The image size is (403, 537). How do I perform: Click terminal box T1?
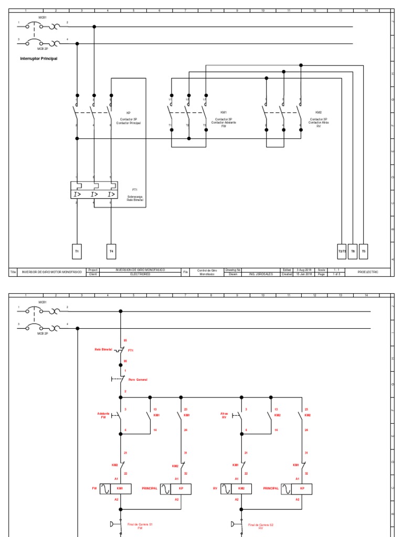click(x=77, y=251)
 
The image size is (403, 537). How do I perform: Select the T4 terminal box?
click(x=111, y=251)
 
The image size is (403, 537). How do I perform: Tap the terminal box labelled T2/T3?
click(x=342, y=251)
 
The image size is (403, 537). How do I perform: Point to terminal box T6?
click(x=353, y=251)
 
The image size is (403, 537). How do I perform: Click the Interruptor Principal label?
click(x=39, y=59)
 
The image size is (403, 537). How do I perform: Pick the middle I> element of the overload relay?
click(x=94, y=195)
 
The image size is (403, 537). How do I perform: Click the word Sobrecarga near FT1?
click(x=135, y=197)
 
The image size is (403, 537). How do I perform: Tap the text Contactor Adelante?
click(x=224, y=122)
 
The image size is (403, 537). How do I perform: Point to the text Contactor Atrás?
click(x=319, y=122)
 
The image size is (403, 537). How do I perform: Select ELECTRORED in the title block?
click(x=140, y=274)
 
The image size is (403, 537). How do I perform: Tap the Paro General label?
click(x=138, y=379)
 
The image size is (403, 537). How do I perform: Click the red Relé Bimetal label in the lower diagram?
click(x=103, y=349)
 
